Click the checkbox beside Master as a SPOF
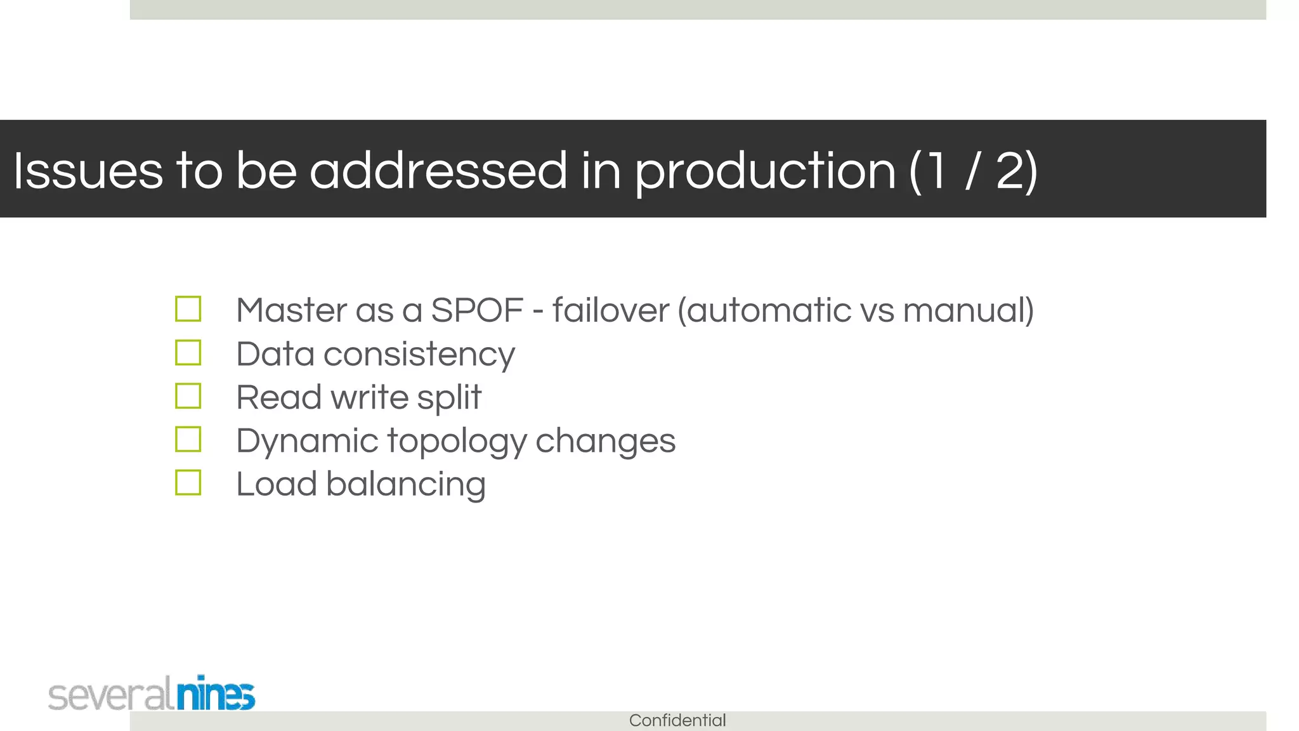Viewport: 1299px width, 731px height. click(x=188, y=309)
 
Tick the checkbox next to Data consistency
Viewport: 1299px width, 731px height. click(x=188, y=353)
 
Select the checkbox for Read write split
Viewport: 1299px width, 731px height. click(x=188, y=396)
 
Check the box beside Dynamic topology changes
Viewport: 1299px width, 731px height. click(x=188, y=439)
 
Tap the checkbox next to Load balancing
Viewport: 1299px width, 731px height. click(x=188, y=483)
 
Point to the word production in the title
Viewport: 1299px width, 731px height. click(x=765, y=171)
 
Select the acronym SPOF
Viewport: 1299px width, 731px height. click(x=476, y=310)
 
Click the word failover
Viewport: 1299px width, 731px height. click(x=610, y=310)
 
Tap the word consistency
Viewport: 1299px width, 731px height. click(x=419, y=354)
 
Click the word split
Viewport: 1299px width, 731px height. click(x=449, y=398)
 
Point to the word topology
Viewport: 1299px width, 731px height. click(x=457, y=442)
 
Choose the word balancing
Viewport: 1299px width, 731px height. click(x=405, y=485)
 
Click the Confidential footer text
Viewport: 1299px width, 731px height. click(x=677, y=721)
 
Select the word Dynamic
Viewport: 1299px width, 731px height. click(x=307, y=442)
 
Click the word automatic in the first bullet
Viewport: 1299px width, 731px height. click(x=768, y=310)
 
